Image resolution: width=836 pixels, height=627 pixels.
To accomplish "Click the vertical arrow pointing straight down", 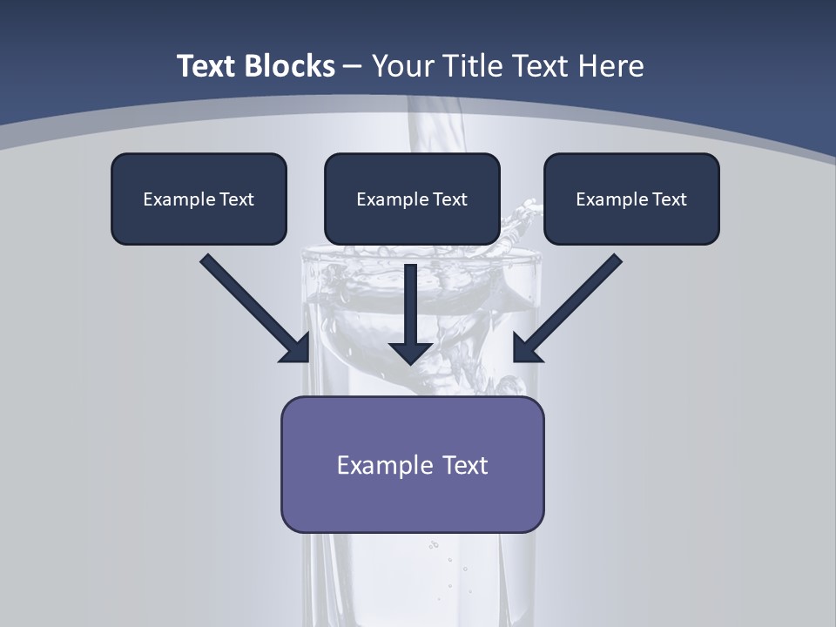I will [411, 305].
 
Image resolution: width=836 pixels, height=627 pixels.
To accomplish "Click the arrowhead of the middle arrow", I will [411, 353].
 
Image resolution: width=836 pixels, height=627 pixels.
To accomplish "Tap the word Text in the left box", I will [237, 199].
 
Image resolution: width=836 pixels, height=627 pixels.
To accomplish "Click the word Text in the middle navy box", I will [450, 199].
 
